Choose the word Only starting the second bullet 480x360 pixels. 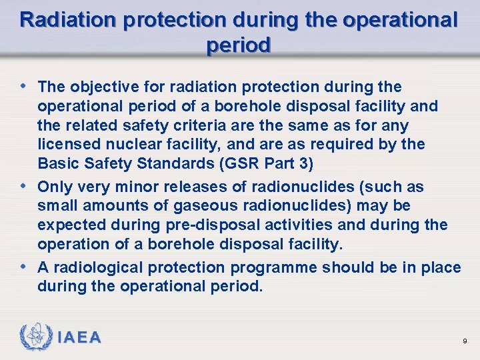tap(54, 187)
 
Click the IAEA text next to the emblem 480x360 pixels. tap(79, 338)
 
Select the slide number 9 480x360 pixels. tap(464, 341)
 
